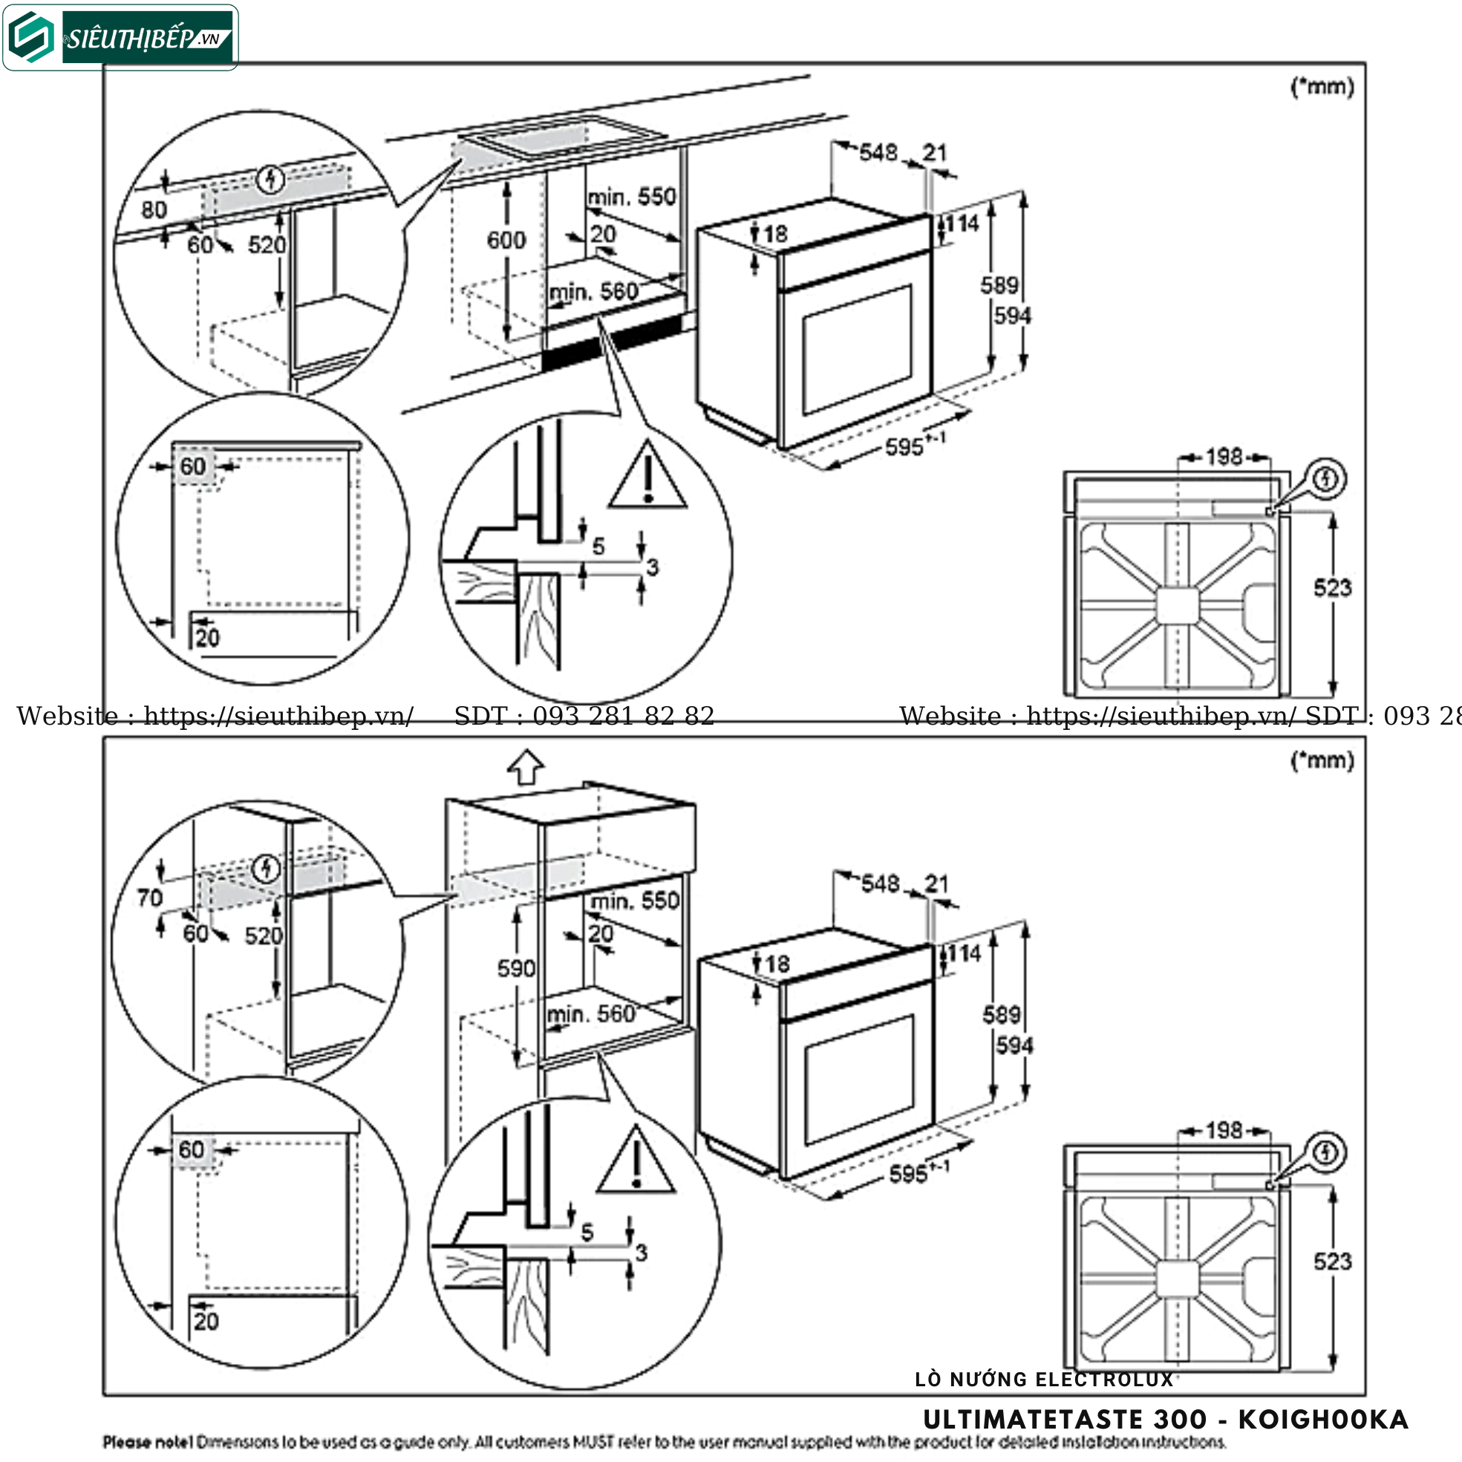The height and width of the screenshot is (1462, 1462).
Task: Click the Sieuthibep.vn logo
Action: [x=121, y=37]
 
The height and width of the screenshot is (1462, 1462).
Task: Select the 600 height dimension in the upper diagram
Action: [x=506, y=241]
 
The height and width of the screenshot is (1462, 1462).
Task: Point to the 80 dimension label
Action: [x=154, y=209]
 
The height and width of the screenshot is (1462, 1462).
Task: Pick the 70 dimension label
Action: [x=150, y=898]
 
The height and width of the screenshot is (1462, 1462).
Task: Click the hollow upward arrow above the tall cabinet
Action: [x=526, y=766]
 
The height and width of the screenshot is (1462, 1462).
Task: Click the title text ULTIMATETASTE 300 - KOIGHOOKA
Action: [x=1165, y=1420]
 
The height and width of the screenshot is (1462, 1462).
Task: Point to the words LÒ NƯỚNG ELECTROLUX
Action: [x=1043, y=1380]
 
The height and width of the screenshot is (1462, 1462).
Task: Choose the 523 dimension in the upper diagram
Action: [x=1332, y=588]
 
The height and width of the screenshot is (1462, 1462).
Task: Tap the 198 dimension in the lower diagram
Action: [x=1224, y=1131]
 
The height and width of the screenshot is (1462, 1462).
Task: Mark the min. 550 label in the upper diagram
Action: [x=632, y=197]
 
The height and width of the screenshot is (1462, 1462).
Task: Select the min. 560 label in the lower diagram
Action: [x=591, y=1014]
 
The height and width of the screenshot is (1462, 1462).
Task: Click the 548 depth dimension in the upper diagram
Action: [x=878, y=153]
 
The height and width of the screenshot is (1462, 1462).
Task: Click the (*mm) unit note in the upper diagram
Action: [x=1322, y=87]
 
